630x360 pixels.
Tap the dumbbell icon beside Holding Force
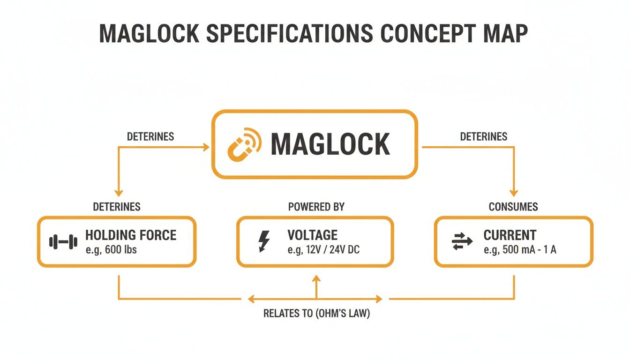pos(63,242)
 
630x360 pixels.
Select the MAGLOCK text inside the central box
pos(330,144)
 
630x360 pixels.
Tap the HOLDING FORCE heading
pos(131,235)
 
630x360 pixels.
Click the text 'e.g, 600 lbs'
pos(111,250)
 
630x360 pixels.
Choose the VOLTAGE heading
pos(312,235)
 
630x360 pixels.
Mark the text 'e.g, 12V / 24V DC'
pos(323,250)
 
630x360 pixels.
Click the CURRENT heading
pos(510,235)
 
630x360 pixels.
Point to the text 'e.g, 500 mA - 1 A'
pos(520,250)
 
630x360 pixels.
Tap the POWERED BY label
pos(316,207)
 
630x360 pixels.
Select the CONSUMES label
pos(513,207)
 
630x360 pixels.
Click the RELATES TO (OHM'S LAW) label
pos(316,314)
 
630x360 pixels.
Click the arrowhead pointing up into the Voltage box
pos(316,278)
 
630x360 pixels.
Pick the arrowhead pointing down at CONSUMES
pos(514,193)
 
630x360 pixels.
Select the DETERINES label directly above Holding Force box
pos(117,207)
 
